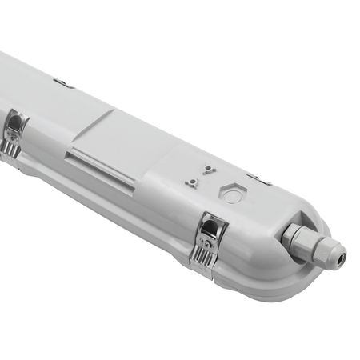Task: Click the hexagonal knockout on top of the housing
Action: (x=232, y=194)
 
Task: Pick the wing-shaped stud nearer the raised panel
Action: (x=192, y=182)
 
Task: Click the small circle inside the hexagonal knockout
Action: (x=232, y=194)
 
